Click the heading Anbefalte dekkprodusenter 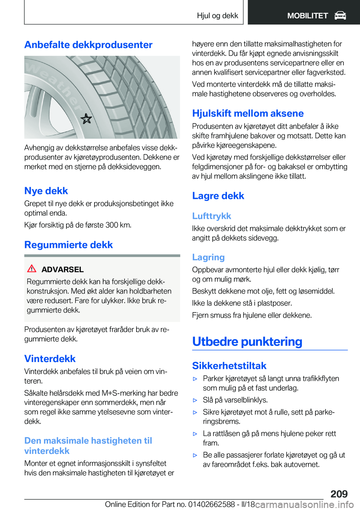(x=88, y=45)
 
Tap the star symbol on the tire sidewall (x=86, y=119)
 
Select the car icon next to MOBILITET (x=340, y=16)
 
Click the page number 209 (x=339, y=494)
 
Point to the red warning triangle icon (x=32, y=269)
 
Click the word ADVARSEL (x=62, y=269)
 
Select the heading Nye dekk (x=46, y=191)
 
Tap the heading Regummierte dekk (x=69, y=245)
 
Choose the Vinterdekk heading (x=50, y=359)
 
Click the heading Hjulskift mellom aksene (x=248, y=113)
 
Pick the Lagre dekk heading (x=218, y=196)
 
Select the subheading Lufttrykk (x=211, y=216)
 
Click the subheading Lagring (x=208, y=257)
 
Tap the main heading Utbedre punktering (x=247, y=341)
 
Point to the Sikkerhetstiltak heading (x=229, y=366)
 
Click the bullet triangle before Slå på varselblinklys (x=195, y=400)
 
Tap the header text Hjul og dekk (x=217, y=16)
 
